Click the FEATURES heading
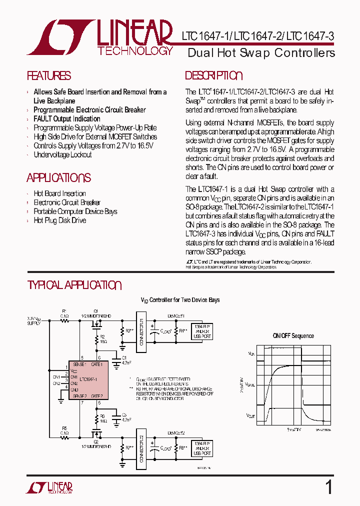pyautogui.click(x=48, y=76)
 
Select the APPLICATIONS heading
pyautogui.click(x=58, y=178)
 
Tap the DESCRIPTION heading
pyautogui.click(x=213, y=76)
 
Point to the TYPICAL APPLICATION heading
pyautogui.click(x=74, y=285)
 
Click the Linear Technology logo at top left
pyautogui.click(x=100, y=37)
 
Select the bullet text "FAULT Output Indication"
pyautogui.click(x=66, y=118)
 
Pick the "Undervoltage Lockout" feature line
pyautogui.click(x=62, y=154)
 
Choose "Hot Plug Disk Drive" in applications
pyautogui.click(x=59, y=220)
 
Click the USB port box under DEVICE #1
pyautogui.click(x=202, y=331)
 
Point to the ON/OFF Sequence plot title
pyautogui.click(x=293, y=336)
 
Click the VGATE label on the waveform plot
pyautogui.click(x=250, y=385)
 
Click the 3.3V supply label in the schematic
pyautogui.click(x=34, y=320)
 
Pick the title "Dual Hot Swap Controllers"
pyautogui.click(x=261, y=53)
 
